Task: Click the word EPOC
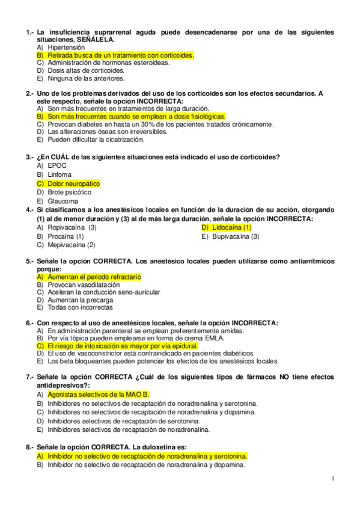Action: pos(57,165)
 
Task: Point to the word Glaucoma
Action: pos(63,201)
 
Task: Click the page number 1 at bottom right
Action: pos(332,479)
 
